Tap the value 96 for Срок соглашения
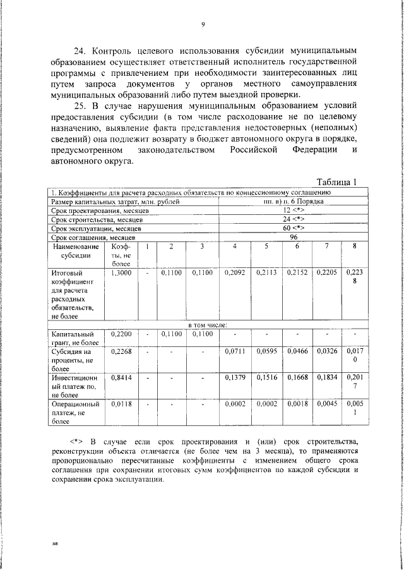pyautogui.click(x=293, y=236)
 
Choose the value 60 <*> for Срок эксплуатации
pyautogui.click(x=294, y=227)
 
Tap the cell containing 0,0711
pyautogui.click(x=234, y=350)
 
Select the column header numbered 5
pyautogui.click(x=266, y=246)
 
